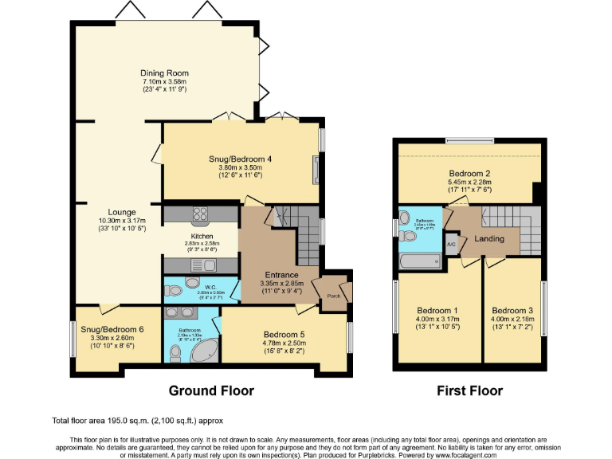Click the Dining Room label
[x=165, y=73]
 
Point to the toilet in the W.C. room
[x=192, y=284]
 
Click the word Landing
[x=488, y=239]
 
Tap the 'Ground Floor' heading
[x=211, y=390]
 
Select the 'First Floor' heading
[x=469, y=390]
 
